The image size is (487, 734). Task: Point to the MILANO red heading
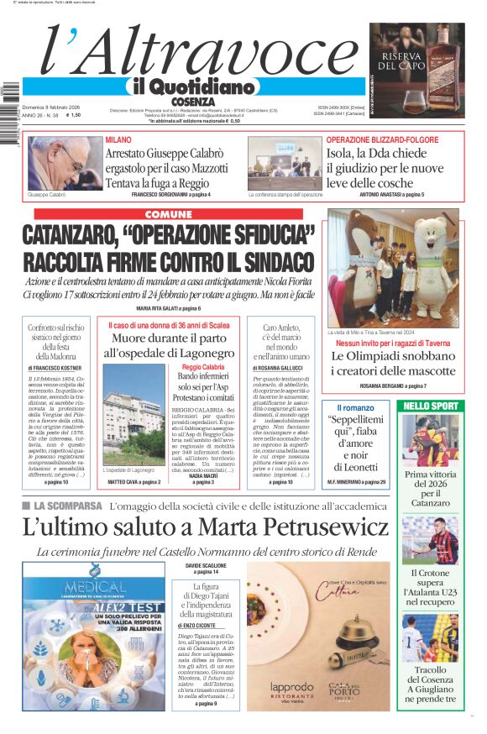pos(118,139)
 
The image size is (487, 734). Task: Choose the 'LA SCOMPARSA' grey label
pos(63,506)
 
